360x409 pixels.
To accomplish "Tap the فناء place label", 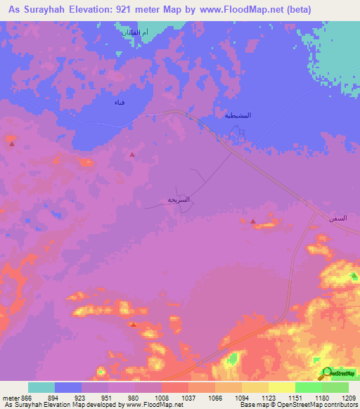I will coord(120,103).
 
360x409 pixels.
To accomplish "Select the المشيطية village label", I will coord(237,115).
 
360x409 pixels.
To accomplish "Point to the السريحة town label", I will coord(179,200).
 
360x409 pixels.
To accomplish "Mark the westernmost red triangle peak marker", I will coord(12,143).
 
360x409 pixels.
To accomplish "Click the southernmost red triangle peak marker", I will coord(133,324).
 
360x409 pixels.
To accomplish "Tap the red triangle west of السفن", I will coord(253,221).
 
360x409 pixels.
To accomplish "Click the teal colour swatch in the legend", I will coord(41,387).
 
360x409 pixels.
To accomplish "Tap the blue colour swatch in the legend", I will coord(68,387).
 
